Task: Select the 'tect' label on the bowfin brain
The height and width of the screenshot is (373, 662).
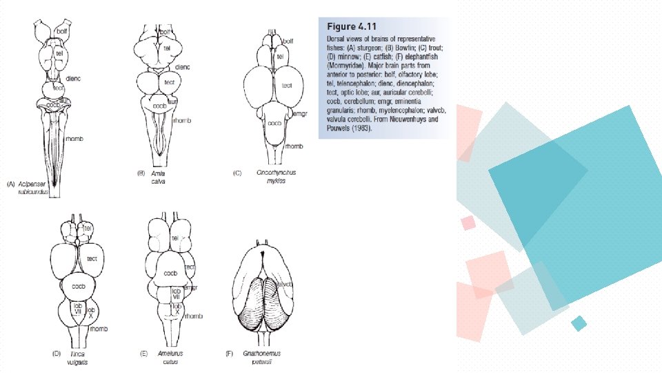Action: point(170,81)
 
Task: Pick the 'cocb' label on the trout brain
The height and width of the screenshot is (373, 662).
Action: point(274,123)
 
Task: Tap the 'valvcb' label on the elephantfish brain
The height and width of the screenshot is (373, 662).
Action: point(285,284)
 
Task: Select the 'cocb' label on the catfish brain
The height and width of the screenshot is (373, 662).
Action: point(170,273)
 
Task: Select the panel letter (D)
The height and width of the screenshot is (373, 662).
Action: point(57,354)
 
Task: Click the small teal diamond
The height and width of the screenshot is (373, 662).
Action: point(579,323)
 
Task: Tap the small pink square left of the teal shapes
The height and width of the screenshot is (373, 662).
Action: point(468,222)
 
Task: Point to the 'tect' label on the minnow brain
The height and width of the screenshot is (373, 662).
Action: point(92,258)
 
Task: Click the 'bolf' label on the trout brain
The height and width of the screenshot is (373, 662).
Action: point(288,42)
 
